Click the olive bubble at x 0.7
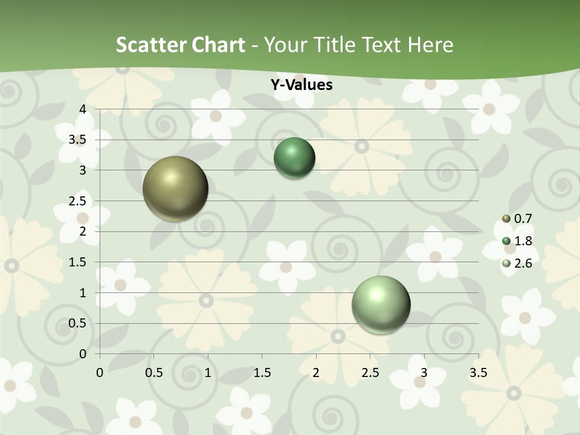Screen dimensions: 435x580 (x=175, y=188)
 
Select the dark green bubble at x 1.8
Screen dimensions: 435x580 (x=294, y=158)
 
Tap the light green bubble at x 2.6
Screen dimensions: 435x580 (x=381, y=304)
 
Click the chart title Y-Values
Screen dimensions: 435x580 (x=301, y=85)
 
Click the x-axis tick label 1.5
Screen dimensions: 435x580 (x=262, y=373)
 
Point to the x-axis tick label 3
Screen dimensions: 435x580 (x=424, y=373)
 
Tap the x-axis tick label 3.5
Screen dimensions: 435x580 (x=478, y=373)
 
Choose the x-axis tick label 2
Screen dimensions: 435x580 (x=316, y=373)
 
